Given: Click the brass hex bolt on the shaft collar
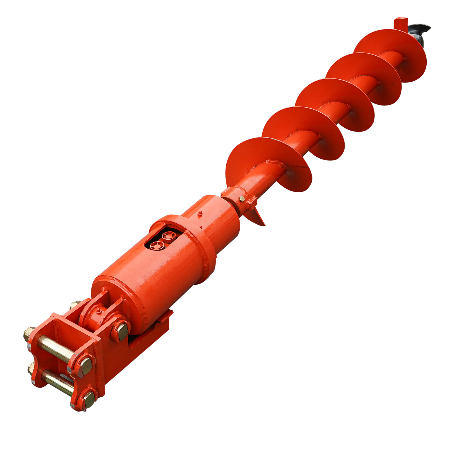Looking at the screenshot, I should pyautogui.click(x=242, y=199).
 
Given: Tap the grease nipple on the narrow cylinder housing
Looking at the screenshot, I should pyautogui.click(x=200, y=213).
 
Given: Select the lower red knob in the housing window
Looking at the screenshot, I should pyautogui.click(x=157, y=245).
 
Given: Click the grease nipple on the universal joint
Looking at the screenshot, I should pyautogui.click(x=98, y=311).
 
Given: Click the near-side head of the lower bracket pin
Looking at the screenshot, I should pyautogui.click(x=89, y=399).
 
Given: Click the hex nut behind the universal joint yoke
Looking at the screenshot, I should pyautogui.click(x=75, y=304).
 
